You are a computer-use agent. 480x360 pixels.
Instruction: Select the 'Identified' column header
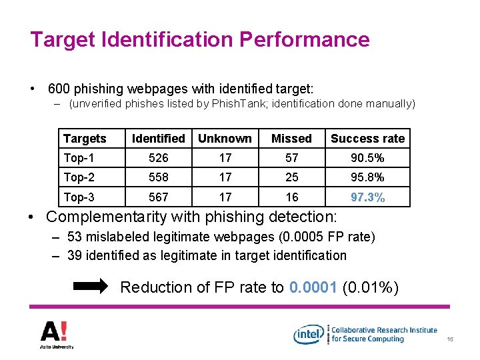click(158, 139)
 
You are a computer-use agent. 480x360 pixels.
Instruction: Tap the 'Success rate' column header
click(367, 139)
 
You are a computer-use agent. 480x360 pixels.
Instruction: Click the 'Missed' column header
click(291, 139)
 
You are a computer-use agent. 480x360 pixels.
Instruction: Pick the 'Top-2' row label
click(80, 177)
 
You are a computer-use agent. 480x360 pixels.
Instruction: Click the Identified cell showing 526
click(158, 158)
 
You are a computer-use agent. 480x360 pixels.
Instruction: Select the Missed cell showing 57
click(291, 158)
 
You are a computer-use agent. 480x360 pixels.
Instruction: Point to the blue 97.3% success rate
click(367, 197)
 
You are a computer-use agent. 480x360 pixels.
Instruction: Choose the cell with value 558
click(158, 177)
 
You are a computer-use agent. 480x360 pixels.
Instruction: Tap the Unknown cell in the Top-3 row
click(225, 197)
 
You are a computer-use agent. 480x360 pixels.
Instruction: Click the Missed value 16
click(291, 197)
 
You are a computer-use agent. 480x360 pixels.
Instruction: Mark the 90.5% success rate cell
click(367, 158)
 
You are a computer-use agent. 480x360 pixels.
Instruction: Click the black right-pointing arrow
click(89, 287)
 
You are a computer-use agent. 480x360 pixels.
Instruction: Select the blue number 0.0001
click(313, 287)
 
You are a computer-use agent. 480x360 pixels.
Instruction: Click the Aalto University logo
click(56, 333)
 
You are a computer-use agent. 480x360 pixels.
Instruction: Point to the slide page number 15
click(450, 341)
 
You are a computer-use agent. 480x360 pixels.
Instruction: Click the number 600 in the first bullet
click(60, 88)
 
